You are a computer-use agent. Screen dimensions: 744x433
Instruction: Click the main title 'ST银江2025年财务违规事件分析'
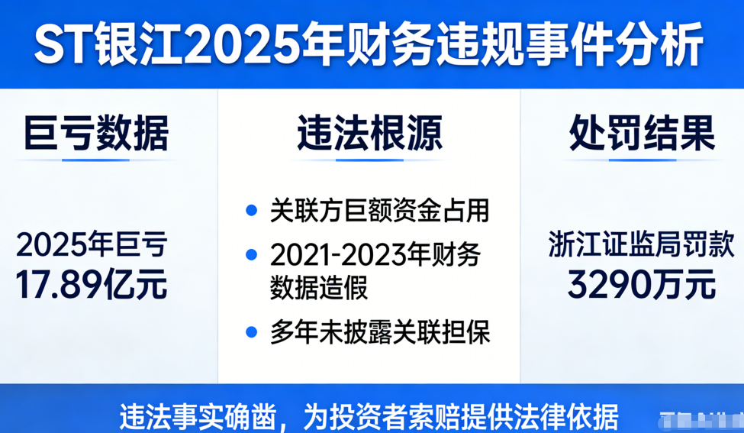369,46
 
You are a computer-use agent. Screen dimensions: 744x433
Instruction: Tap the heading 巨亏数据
96,133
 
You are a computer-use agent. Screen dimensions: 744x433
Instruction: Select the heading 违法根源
370,133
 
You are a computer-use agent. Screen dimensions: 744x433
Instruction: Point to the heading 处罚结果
642,133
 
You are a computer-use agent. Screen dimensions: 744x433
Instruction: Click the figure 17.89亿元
92,284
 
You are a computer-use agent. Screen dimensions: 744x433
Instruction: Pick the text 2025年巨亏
92,245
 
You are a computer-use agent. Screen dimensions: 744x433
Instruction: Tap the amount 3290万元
642,284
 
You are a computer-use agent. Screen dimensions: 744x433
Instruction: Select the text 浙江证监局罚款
642,245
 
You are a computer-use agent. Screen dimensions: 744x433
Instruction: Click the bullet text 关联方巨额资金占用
379,211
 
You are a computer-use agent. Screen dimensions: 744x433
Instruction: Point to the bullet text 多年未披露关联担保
380,332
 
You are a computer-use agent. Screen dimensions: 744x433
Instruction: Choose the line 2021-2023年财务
375,254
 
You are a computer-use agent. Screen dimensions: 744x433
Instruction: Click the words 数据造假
319,287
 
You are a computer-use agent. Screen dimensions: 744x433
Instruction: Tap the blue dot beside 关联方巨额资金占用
252,210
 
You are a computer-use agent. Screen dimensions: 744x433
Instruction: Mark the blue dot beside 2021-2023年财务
252,254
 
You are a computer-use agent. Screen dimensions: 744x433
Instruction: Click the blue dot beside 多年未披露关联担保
252,332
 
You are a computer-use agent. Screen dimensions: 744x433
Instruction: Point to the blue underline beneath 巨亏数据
96,160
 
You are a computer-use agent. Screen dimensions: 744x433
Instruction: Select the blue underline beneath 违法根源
369,160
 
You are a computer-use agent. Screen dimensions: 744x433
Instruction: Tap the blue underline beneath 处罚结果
643,160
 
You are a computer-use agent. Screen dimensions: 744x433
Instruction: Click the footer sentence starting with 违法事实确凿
369,418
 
